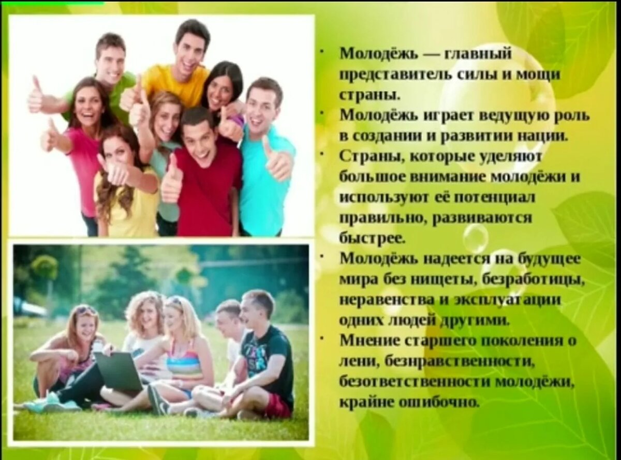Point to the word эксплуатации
pyautogui.click(x=497, y=301)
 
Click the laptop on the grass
pyautogui.click(x=118, y=370)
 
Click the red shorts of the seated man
pyautogui.click(x=277, y=406)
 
